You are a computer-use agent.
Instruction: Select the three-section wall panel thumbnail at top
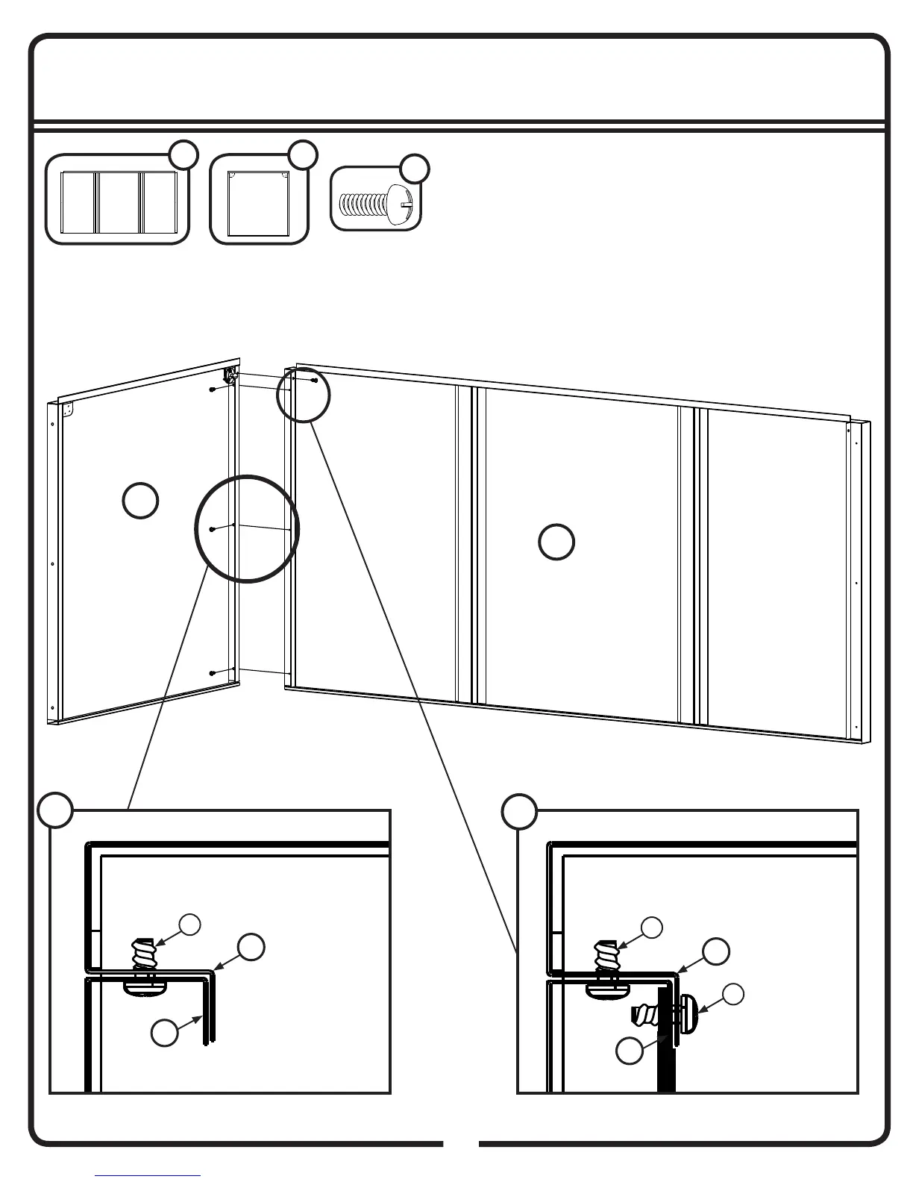[x=119, y=201]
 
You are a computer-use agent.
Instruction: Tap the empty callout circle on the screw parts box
[x=415, y=168]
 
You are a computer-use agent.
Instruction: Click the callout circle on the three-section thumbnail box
[x=183, y=154]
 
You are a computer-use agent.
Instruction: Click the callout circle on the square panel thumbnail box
[x=303, y=154]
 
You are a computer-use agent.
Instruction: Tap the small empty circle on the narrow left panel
[x=139, y=500]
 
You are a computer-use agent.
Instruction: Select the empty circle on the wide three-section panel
[x=556, y=542]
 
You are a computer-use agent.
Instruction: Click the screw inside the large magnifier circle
[x=213, y=529]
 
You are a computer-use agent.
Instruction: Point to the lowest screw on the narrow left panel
[x=213, y=673]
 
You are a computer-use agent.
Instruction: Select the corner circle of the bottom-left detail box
[x=56, y=811]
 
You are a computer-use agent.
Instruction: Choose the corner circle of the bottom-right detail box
[x=519, y=811]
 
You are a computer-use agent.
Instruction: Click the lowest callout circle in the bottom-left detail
[x=165, y=1033]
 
